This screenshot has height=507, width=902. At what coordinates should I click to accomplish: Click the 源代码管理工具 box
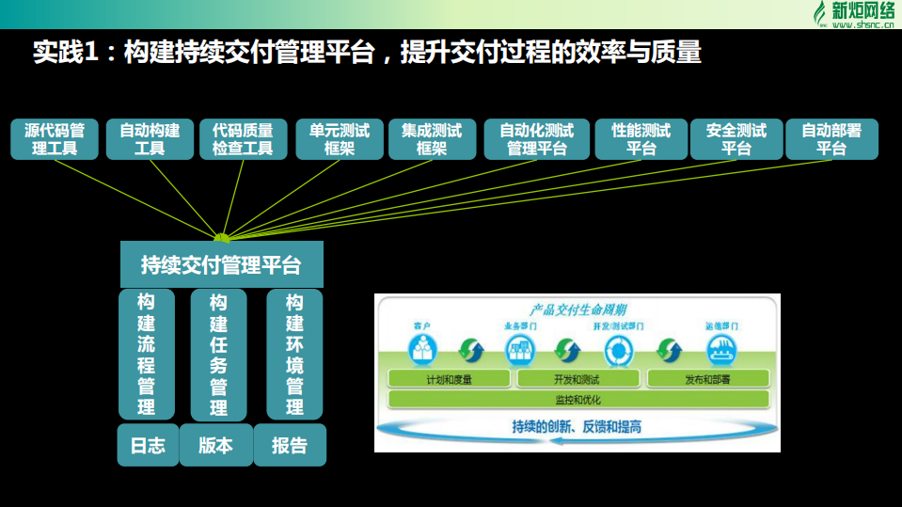tap(55, 139)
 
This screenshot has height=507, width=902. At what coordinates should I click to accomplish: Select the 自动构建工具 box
tap(150, 139)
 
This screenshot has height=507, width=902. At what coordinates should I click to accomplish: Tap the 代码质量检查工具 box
tap(243, 139)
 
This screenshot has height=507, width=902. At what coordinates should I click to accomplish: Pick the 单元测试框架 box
tap(339, 139)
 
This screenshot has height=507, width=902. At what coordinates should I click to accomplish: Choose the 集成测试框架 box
tap(432, 139)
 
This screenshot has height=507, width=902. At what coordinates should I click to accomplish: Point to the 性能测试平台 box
tap(641, 139)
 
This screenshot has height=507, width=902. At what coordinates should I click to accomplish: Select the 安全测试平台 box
tap(736, 139)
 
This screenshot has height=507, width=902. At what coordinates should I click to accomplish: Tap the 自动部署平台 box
tap(831, 139)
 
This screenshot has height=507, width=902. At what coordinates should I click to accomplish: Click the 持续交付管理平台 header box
tap(221, 264)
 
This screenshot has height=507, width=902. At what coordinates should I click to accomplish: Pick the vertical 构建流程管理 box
tap(146, 355)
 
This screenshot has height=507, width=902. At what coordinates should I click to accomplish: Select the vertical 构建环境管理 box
tap(294, 355)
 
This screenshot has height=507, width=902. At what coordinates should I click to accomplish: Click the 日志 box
tap(147, 445)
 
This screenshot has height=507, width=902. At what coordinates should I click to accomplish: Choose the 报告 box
tap(289, 445)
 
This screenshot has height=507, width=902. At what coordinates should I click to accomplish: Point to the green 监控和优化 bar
tap(578, 399)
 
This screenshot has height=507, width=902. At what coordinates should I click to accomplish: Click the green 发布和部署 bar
tap(707, 379)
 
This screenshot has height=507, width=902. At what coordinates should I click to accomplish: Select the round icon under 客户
tap(420, 350)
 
